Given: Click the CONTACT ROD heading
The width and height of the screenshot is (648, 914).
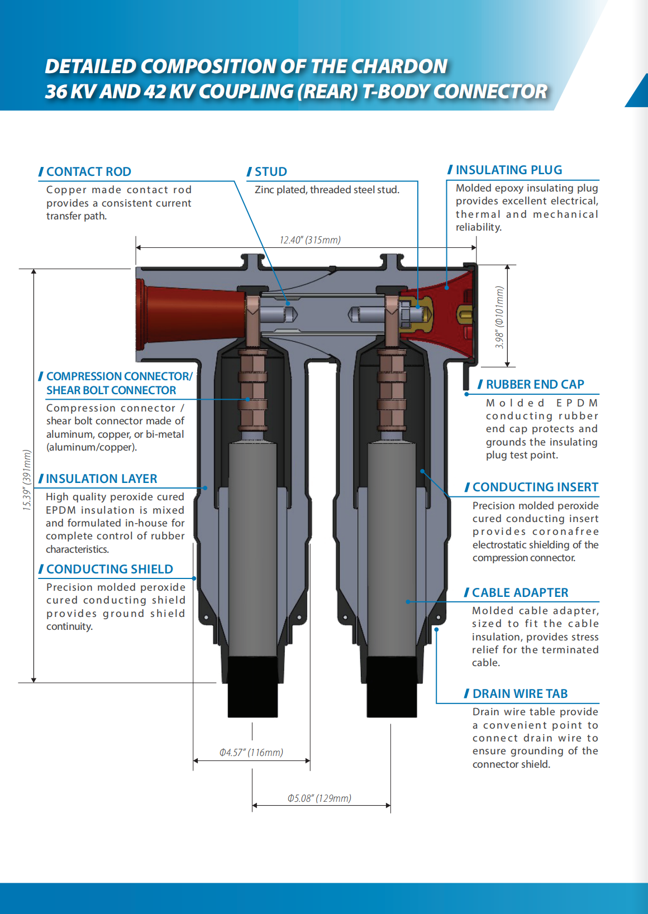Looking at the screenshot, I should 88,171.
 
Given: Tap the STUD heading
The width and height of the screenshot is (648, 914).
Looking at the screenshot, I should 270,171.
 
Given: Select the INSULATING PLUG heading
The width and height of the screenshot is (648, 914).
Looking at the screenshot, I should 508,170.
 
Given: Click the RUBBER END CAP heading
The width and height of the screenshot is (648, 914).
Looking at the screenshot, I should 535,384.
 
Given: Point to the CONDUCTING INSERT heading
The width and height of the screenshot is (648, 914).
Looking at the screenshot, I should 535,487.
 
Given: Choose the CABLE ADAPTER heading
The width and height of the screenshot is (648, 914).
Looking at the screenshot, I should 520,592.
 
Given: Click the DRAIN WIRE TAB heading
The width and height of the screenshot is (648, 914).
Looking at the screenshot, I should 520,693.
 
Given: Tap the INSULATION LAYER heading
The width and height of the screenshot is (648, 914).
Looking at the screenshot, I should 101,478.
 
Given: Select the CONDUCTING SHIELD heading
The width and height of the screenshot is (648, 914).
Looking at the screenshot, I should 109,569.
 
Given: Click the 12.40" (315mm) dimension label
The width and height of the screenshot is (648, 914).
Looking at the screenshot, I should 310,240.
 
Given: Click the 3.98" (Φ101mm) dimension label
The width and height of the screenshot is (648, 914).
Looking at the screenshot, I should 499,317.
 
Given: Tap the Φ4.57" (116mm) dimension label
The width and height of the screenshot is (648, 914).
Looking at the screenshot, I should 251,753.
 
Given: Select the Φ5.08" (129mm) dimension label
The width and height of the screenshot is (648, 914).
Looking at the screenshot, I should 320,798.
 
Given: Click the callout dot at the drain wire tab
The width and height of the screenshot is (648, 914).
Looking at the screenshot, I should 436,629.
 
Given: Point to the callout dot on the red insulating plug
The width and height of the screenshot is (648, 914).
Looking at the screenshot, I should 446,288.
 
